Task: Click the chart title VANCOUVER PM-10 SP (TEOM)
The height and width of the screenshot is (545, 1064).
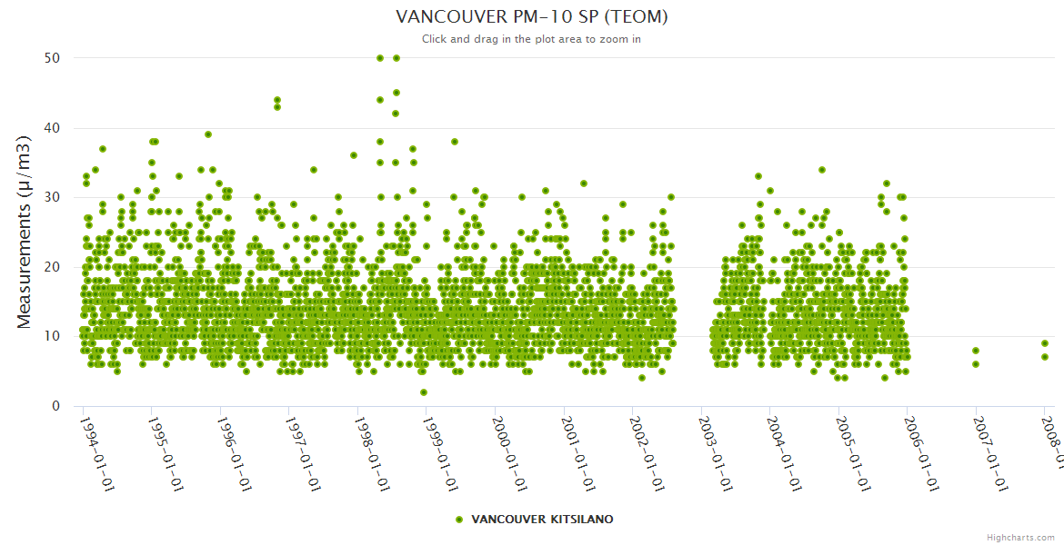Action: click(532, 16)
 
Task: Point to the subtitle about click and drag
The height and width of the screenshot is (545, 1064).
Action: click(532, 39)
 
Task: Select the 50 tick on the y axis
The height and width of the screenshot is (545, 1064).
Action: click(52, 57)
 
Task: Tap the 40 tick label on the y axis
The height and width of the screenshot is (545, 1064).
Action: click(52, 127)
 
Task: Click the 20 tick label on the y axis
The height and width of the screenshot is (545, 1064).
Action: click(52, 267)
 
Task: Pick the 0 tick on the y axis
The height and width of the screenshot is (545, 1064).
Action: click(56, 406)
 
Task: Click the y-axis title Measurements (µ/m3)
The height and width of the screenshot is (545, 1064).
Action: click(25, 232)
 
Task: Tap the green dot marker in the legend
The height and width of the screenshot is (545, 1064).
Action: click(459, 520)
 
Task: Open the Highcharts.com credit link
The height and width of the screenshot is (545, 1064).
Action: click(1020, 537)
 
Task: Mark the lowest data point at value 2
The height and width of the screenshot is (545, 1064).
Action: click(424, 392)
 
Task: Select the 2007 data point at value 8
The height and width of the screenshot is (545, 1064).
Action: click(976, 351)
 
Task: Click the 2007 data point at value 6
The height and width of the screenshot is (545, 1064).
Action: click(976, 364)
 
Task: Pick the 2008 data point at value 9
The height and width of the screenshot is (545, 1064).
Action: click(1045, 343)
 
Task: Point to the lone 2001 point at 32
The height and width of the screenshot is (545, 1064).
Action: click(584, 183)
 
